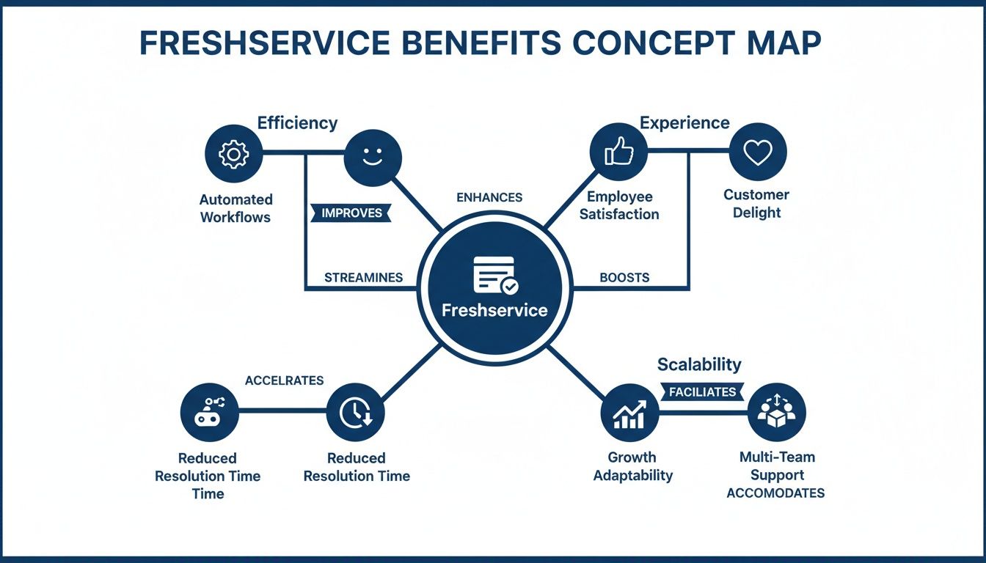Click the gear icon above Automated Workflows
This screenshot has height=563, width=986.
(x=234, y=154)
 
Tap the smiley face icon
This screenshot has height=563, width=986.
(x=373, y=157)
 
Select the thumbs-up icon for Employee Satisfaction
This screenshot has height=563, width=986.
(x=618, y=152)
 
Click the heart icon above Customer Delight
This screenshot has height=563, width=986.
(x=758, y=152)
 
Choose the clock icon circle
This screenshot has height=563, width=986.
(x=355, y=413)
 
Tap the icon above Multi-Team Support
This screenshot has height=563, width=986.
(x=777, y=413)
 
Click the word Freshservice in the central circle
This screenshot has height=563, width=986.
(x=494, y=310)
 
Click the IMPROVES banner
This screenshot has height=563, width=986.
(x=352, y=213)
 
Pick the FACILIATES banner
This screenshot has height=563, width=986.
(x=702, y=392)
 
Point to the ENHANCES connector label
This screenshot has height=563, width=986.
(x=489, y=197)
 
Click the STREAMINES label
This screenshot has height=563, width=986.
(x=363, y=278)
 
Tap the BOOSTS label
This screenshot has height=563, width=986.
(x=624, y=278)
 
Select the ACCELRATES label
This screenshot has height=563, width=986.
(x=284, y=380)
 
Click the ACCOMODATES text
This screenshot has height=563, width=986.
(x=775, y=493)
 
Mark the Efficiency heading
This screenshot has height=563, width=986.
(x=297, y=122)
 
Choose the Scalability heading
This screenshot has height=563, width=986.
(x=699, y=364)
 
